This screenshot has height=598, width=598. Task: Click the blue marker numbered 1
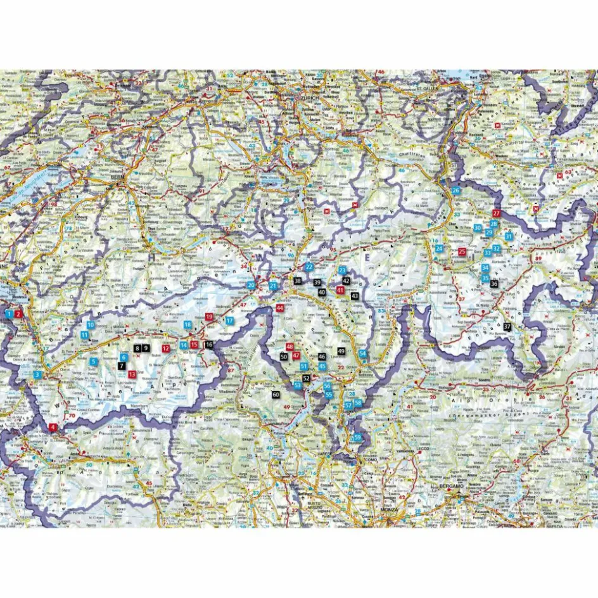click(x=9, y=314)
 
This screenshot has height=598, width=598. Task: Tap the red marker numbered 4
click(x=53, y=427)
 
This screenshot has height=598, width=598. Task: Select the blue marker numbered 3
click(x=38, y=375)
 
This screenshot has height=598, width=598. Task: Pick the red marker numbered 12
click(x=165, y=348)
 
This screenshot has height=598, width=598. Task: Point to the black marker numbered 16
click(x=209, y=345)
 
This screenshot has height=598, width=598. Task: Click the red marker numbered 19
click(x=209, y=316)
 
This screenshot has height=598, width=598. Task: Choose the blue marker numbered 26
click(x=455, y=191)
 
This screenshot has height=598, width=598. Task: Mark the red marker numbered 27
click(x=496, y=213)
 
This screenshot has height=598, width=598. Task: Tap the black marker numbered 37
click(x=507, y=326)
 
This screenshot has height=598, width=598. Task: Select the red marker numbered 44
click(x=280, y=308)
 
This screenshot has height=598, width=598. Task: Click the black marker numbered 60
click(x=276, y=395)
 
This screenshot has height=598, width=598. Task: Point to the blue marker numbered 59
click(x=358, y=437)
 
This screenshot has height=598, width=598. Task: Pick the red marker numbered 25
click(x=462, y=251)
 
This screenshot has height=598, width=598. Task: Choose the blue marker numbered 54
click(x=362, y=353)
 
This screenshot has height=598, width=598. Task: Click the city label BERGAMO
click(x=452, y=487)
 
